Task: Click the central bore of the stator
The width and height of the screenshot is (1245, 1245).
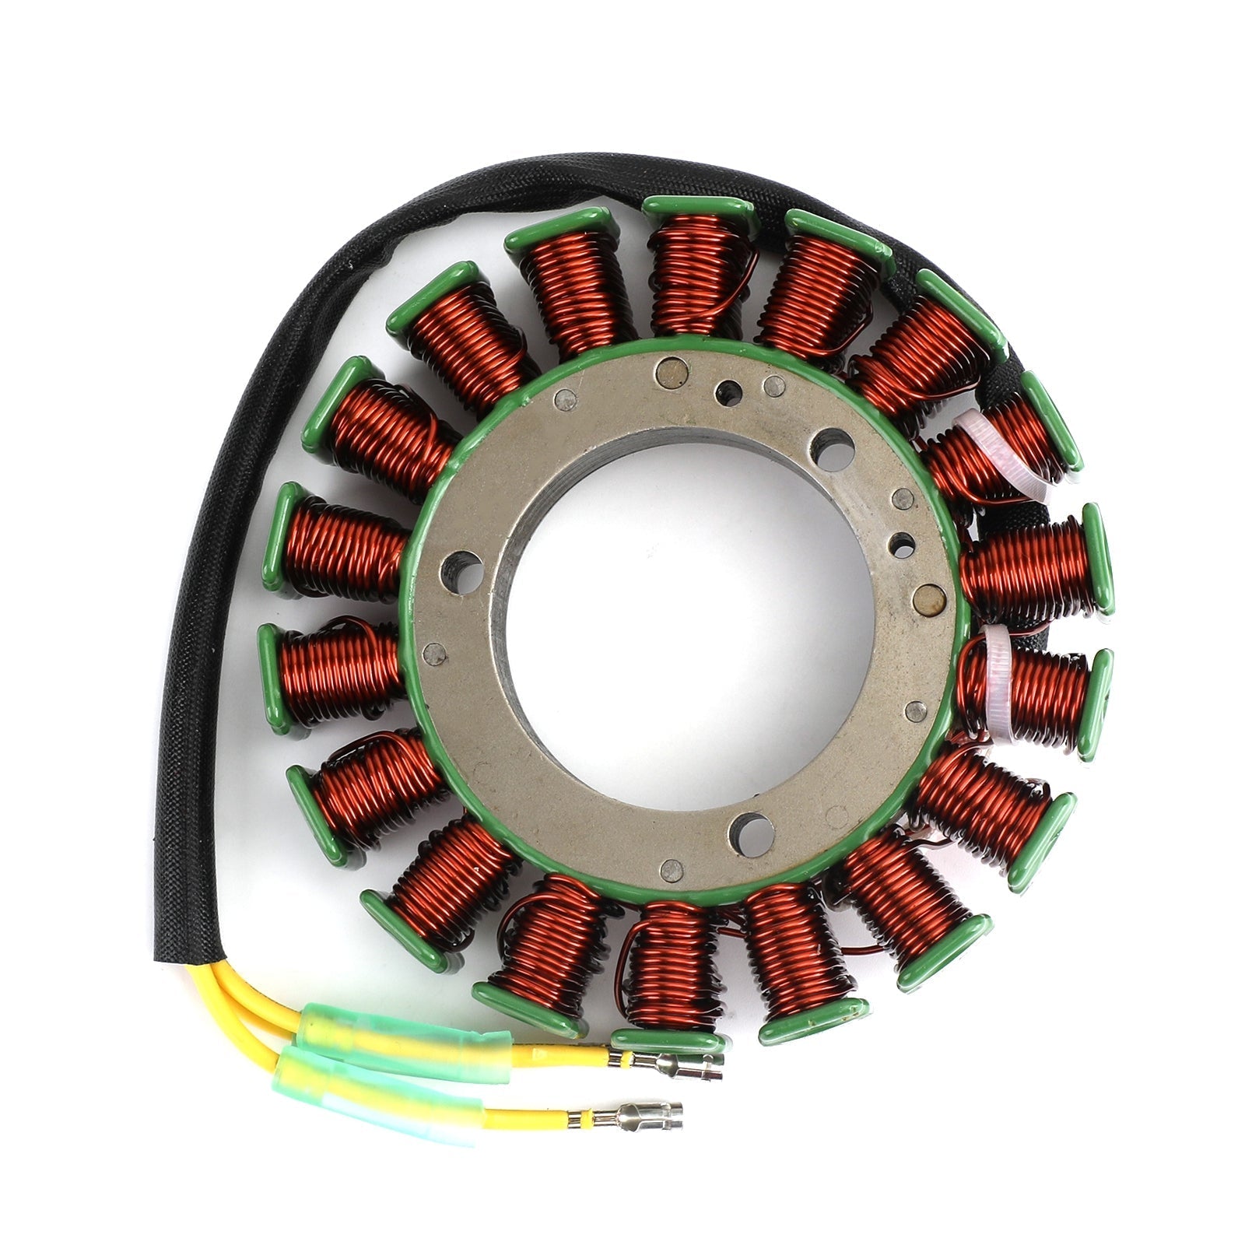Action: [x=685, y=622]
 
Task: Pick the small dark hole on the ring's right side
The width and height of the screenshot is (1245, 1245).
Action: [x=903, y=545]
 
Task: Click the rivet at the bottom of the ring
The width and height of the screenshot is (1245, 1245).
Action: [x=671, y=869]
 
